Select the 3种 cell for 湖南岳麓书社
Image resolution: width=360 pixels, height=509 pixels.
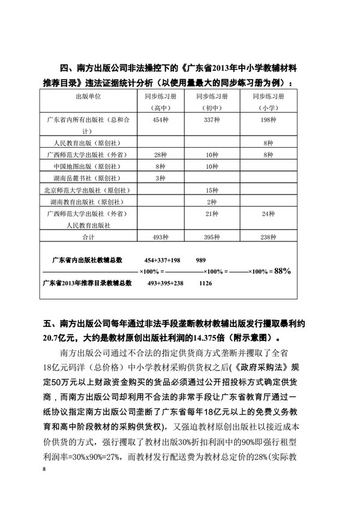160,178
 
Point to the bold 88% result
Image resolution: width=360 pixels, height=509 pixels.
281,271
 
